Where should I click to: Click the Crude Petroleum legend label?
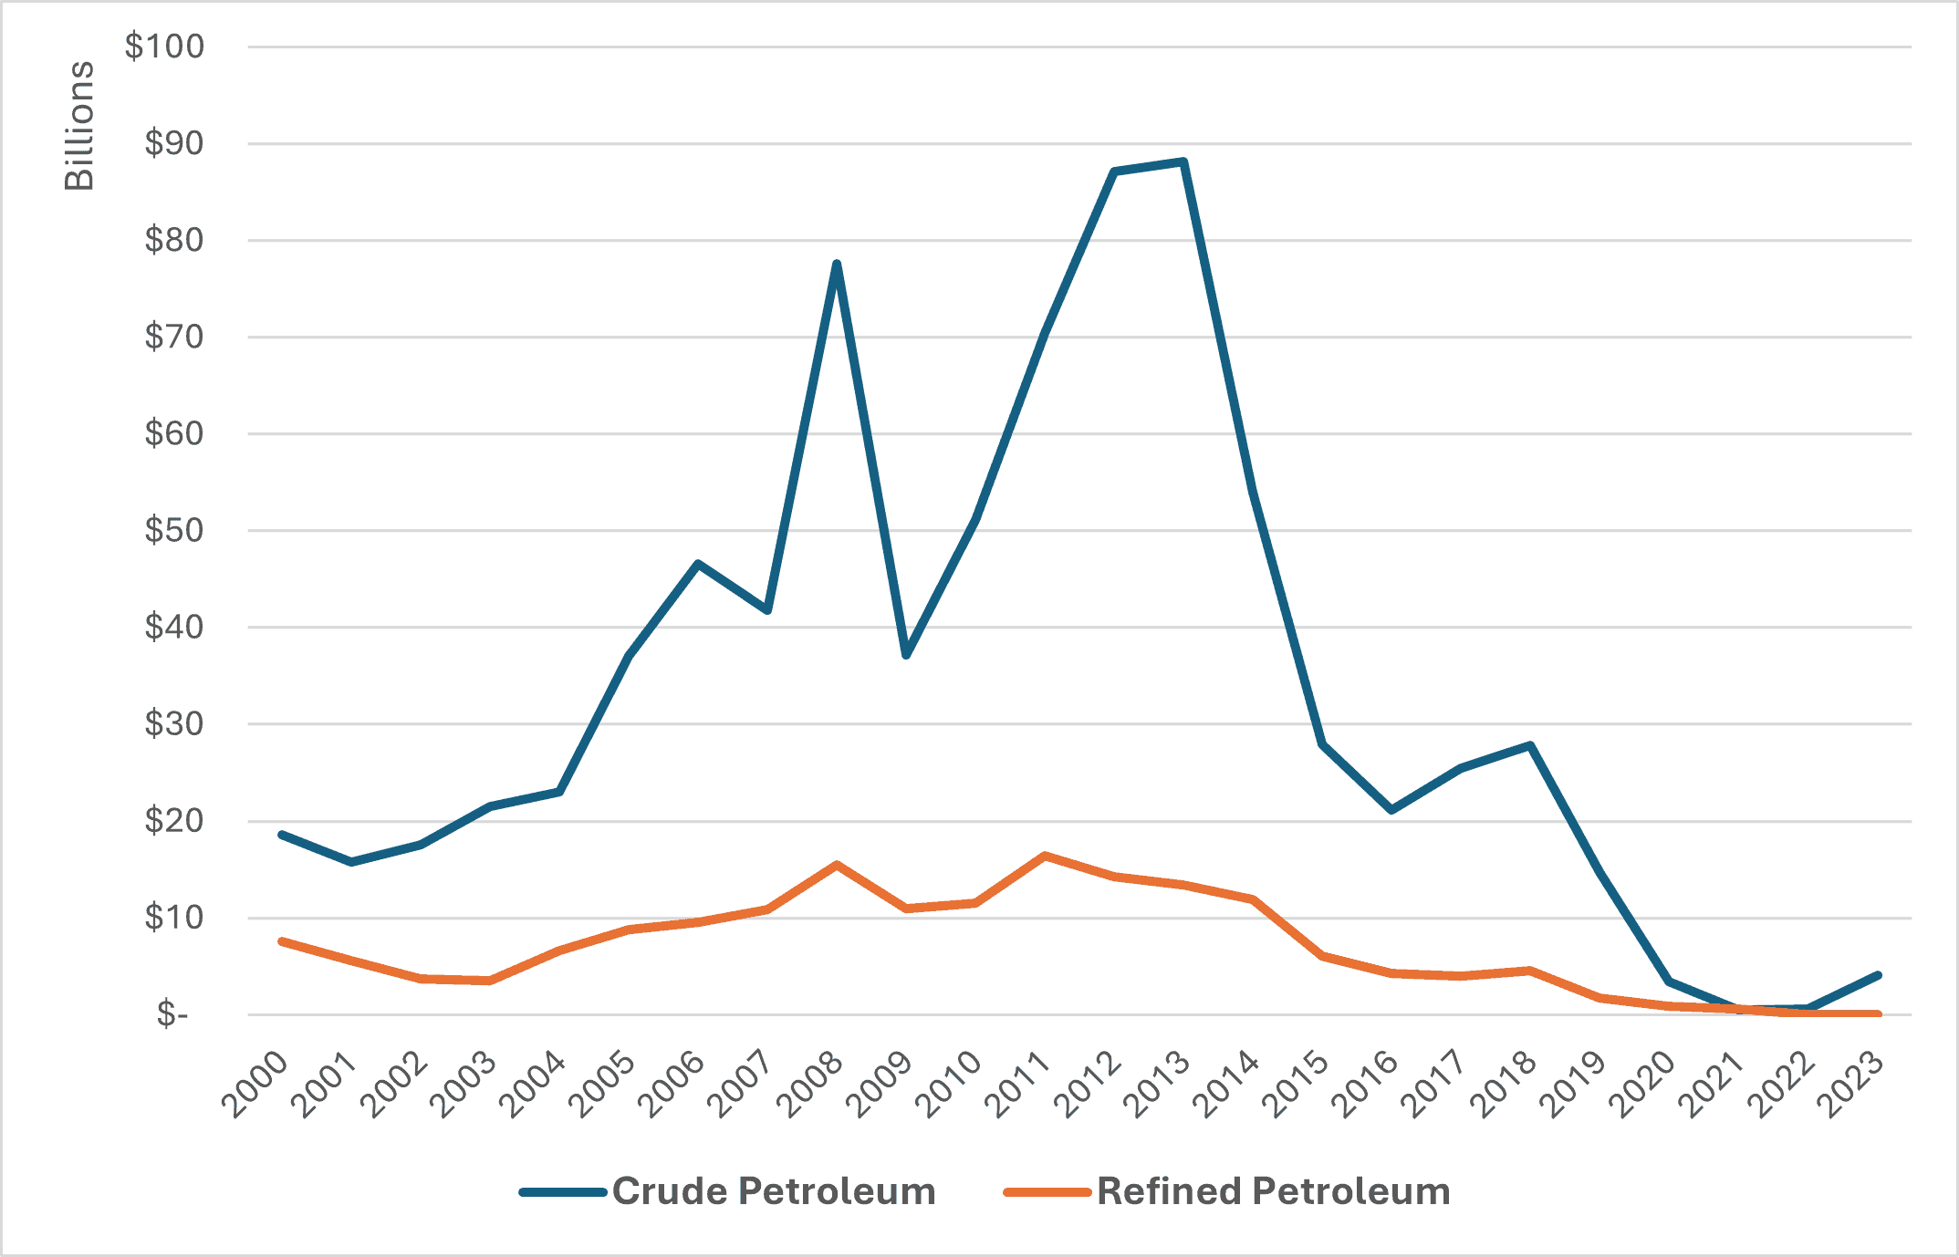click(774, 1191)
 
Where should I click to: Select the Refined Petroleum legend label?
click(1273, 1191)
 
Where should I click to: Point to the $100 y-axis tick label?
click(164, 47)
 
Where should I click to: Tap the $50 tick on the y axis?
click(173, 530)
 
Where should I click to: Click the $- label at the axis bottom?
click(172, 1013)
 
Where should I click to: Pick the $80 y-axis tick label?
click(173, 240)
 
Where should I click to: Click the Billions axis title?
click(79, 126)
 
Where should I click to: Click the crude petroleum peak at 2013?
click(1183, 162)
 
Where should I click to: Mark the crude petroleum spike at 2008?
click(837, 264)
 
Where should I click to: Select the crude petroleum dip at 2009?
click(906, 655)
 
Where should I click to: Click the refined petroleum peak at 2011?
click(1045, 856)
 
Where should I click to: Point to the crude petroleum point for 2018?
click(1530, 745)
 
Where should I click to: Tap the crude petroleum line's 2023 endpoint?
click(1877, 975)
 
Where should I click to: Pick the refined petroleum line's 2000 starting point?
click(282, 940)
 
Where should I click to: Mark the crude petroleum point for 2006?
click(698, 564)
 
